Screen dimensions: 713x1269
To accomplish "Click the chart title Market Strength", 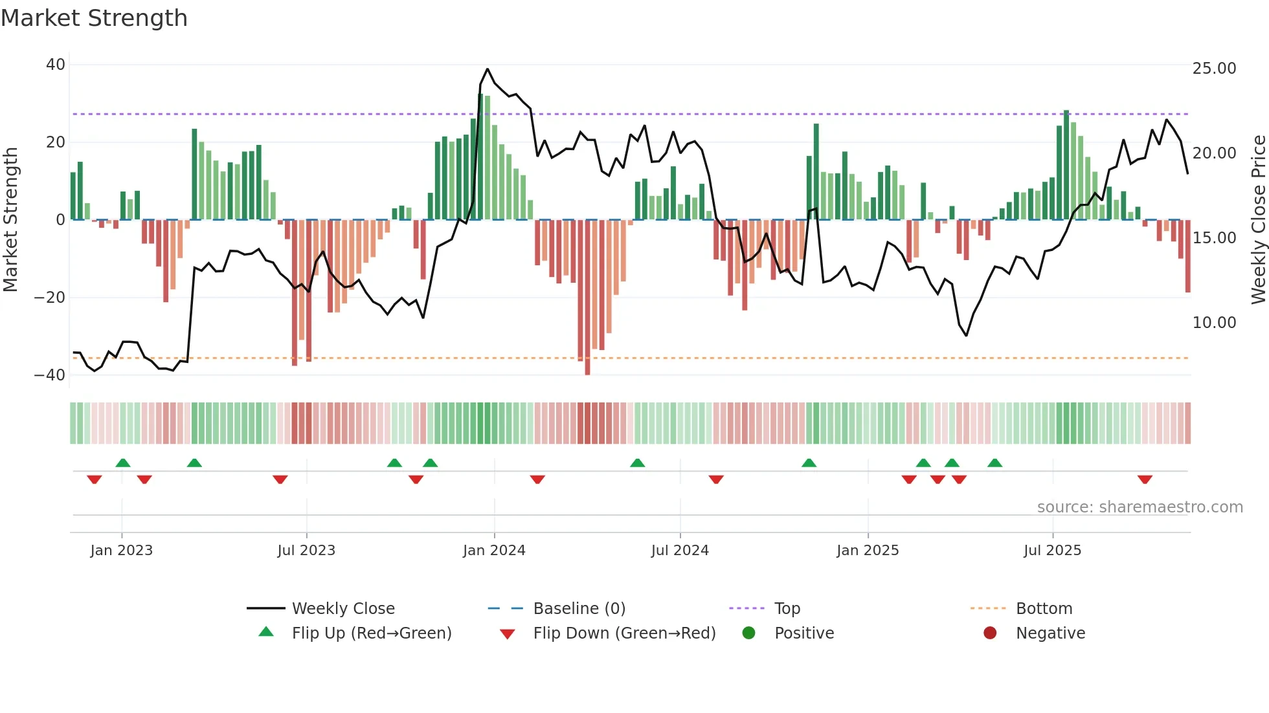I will [94, 18].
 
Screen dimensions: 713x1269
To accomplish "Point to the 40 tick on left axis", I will [56, 65].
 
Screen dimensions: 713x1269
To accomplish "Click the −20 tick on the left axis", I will [50, 298].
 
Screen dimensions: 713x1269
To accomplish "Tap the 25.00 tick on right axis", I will [1214, 69].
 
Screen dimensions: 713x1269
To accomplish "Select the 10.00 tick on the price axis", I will [1214, 323].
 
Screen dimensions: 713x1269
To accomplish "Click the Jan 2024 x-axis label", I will [494, 551].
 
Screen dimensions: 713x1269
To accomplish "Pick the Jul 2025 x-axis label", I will [1052, 551].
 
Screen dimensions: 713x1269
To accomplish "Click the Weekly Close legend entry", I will [343, 609].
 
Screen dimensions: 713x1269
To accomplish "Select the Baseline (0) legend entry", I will [579, 609].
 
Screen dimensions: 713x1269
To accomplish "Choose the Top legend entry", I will [787, 609].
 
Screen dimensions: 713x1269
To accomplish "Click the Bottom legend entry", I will [1044, 609].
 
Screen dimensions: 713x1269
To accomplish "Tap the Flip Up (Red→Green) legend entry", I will [371, 633].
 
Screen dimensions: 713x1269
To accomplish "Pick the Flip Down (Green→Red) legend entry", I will [623, 633].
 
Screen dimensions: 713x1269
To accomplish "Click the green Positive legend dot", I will [748, 633].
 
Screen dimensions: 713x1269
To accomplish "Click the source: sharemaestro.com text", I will [1140, 507].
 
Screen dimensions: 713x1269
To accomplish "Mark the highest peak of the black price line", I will [488, 69].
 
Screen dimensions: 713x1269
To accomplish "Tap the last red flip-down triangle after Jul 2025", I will [1145, 479].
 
